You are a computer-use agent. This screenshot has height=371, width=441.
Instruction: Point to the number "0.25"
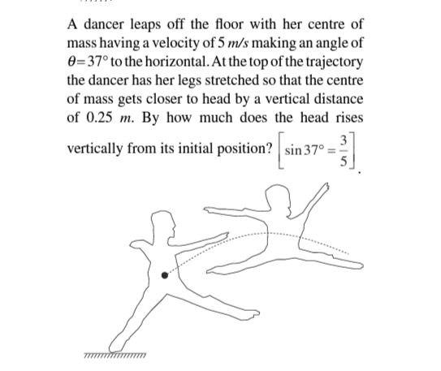[99, 118]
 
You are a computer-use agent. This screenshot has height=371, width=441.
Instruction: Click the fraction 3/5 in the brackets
[344, 153]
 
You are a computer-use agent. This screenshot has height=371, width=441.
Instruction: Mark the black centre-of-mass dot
[166, 276]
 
